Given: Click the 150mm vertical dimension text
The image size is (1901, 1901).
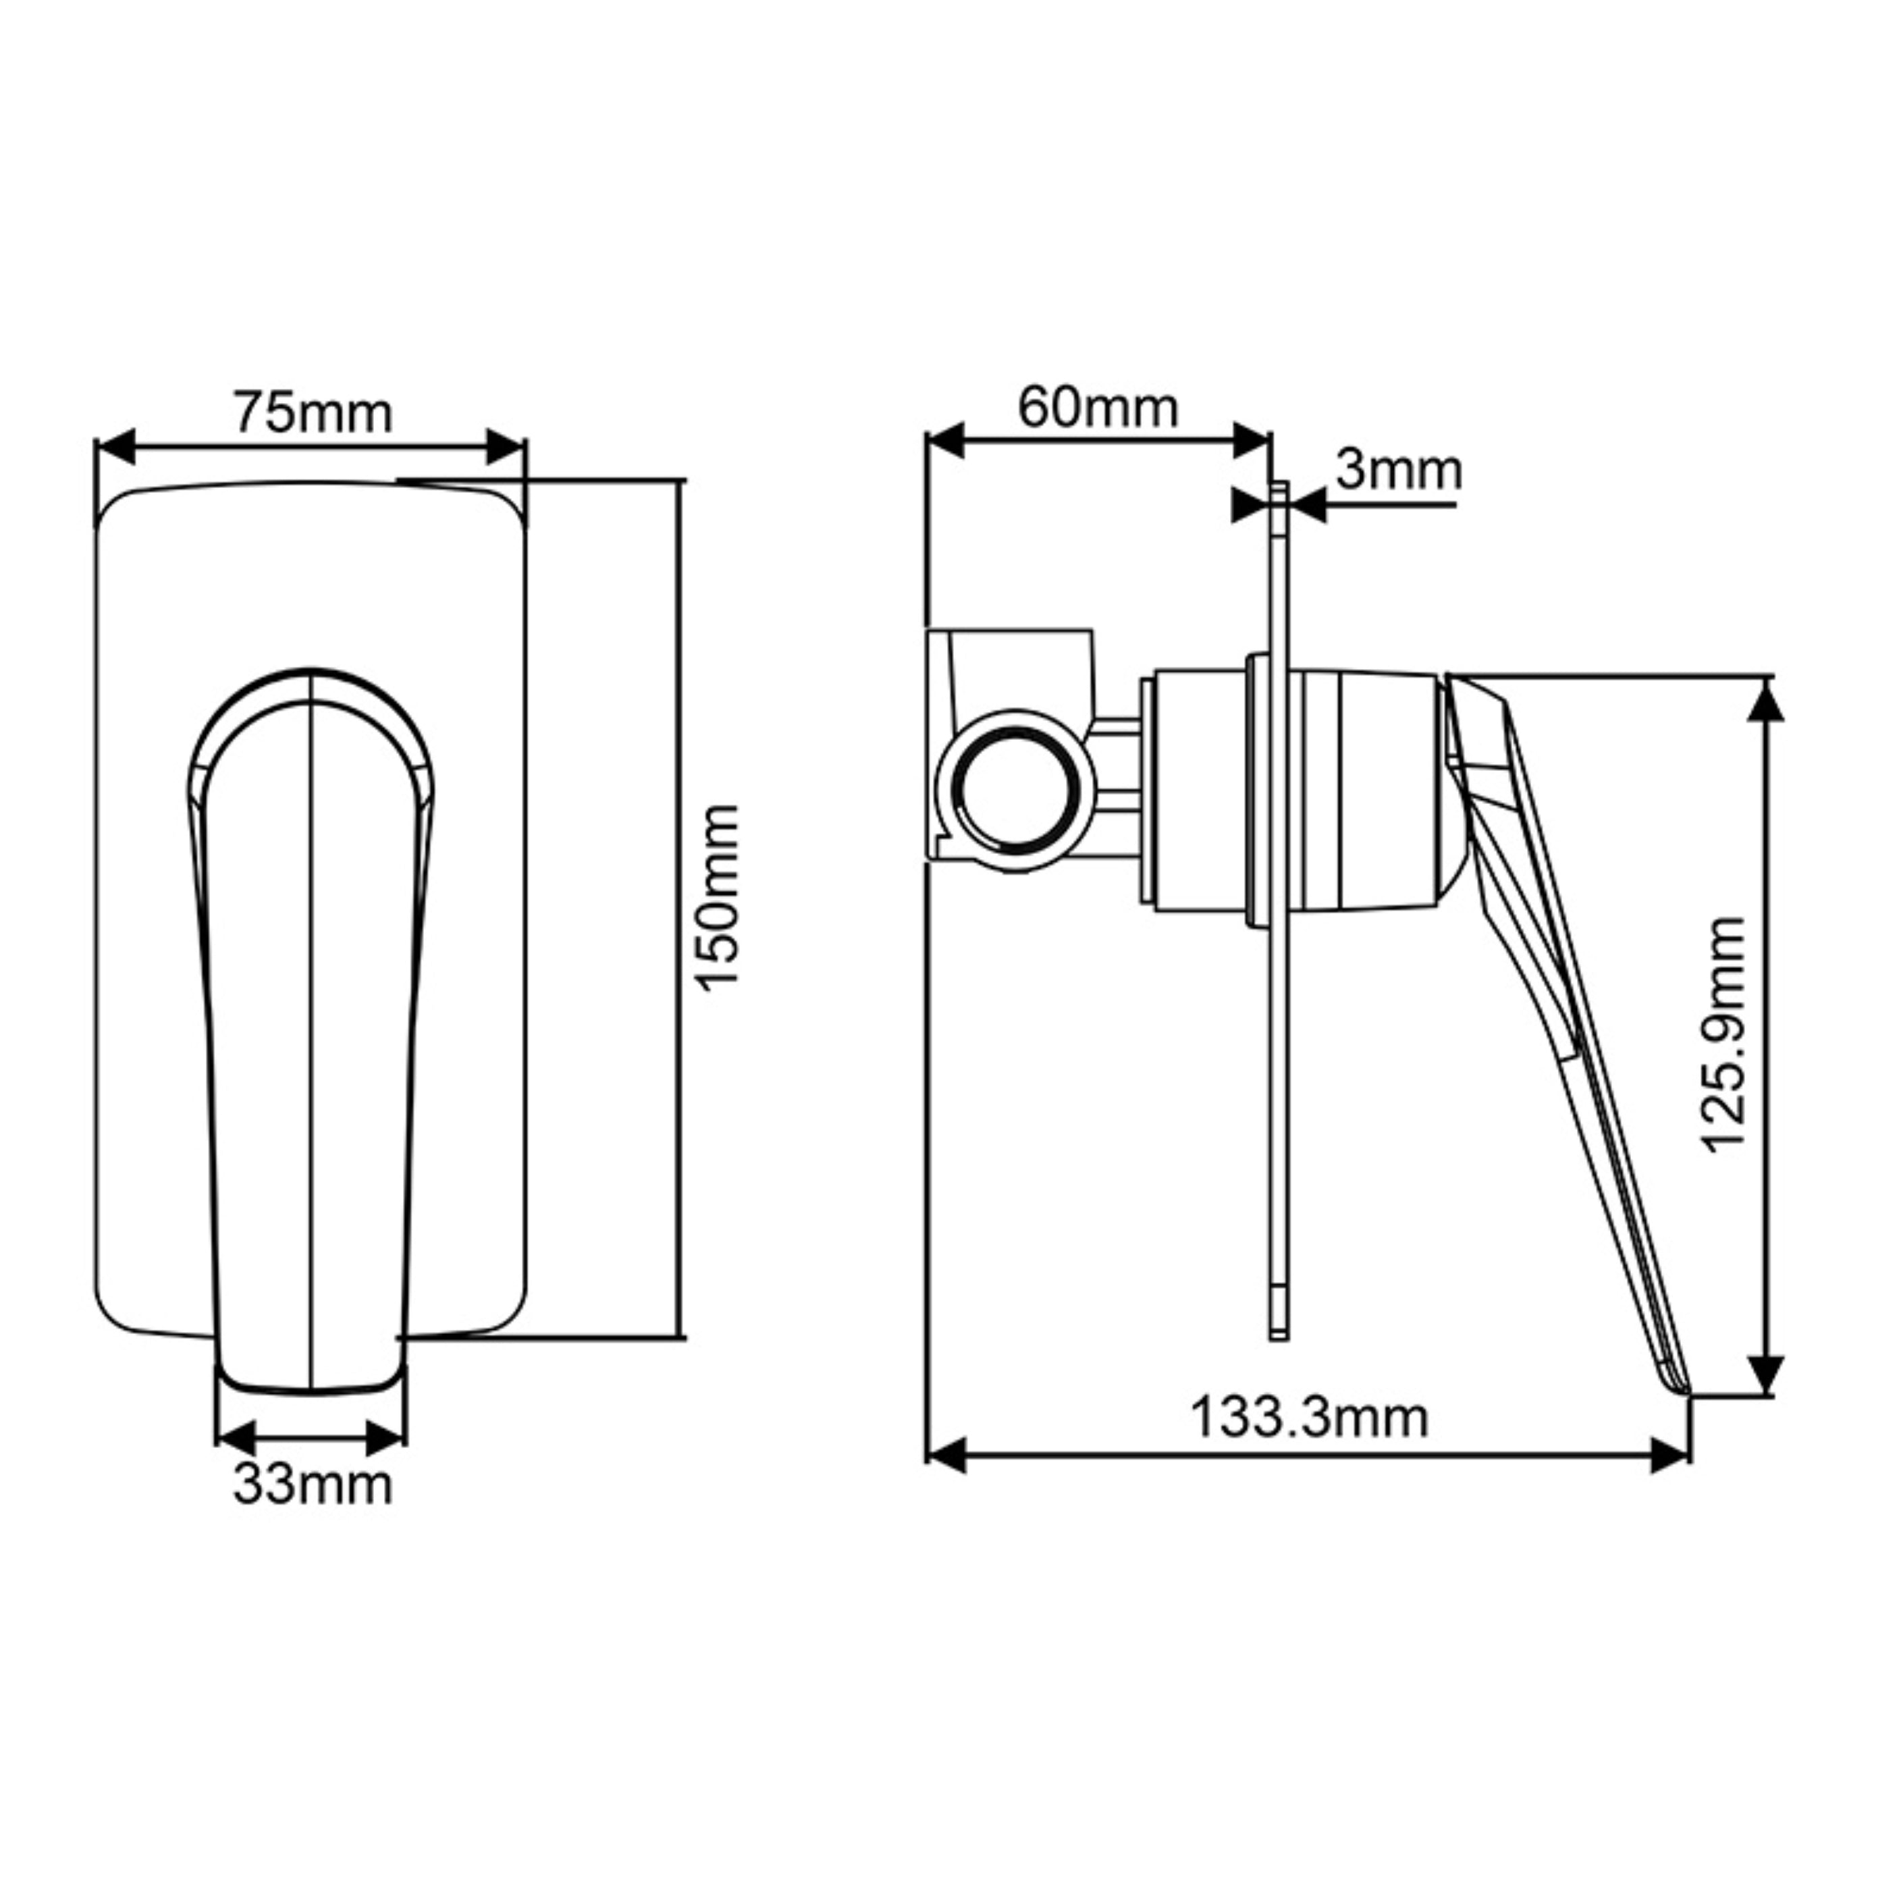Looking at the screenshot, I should (x=716, y=896).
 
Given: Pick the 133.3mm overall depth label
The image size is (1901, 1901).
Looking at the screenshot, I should (x=1309, y=1418).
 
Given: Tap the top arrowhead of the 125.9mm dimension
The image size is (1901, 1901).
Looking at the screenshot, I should (x=1767, y=701).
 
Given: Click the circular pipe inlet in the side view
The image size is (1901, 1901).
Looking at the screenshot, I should (x=1017, y=792).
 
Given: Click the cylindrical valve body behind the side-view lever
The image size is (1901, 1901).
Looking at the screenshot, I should (x=1368, y=792).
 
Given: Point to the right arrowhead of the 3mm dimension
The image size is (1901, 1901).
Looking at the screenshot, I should (x=1310, y=507).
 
